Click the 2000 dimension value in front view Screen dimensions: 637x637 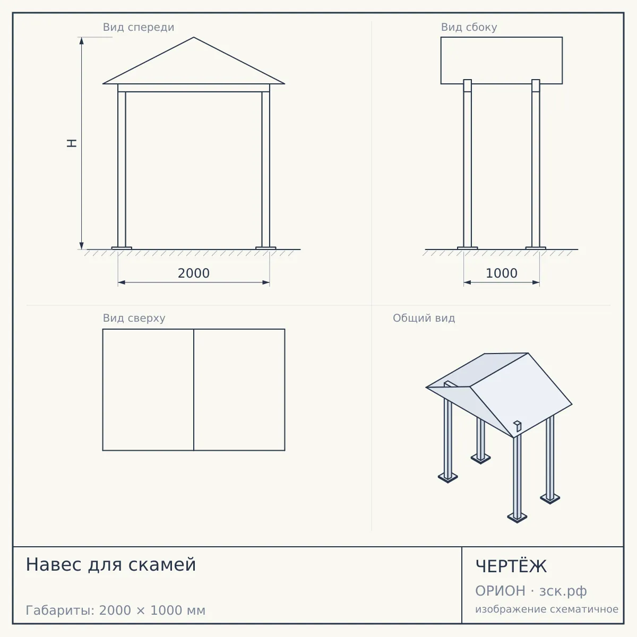194,273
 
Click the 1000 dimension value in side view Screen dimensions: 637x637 502,273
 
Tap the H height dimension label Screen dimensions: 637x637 72,143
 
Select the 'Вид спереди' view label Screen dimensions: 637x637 139,27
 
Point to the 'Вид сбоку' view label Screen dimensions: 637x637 469,27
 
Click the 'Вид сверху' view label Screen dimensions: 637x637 134,318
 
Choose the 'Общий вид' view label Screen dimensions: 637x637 424,318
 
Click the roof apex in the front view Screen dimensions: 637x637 194,37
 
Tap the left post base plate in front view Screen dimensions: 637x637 122,248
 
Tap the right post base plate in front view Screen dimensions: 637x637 266,248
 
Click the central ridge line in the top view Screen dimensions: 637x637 194,390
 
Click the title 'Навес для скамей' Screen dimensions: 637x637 111,564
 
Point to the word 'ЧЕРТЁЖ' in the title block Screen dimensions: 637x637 511,566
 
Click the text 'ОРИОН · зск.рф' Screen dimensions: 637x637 531,591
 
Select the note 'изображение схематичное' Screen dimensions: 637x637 547,609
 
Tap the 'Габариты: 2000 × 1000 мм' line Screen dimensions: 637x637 115,610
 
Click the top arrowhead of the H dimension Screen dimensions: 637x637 82,41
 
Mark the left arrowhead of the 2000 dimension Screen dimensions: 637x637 122,282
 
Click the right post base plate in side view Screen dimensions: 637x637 536,248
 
